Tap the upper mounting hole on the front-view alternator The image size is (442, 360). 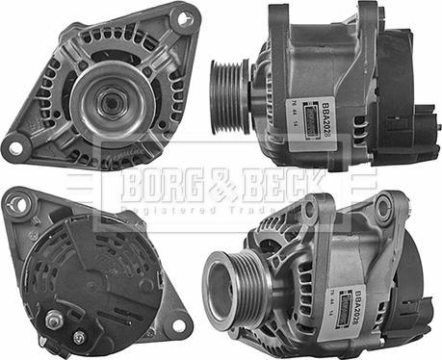pyautogui.click(x=183, y=17)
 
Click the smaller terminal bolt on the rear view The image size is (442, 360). pyautogui.click(x=79, y=336)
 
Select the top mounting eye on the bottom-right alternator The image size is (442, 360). pyautogui.click(x=386, y=207)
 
